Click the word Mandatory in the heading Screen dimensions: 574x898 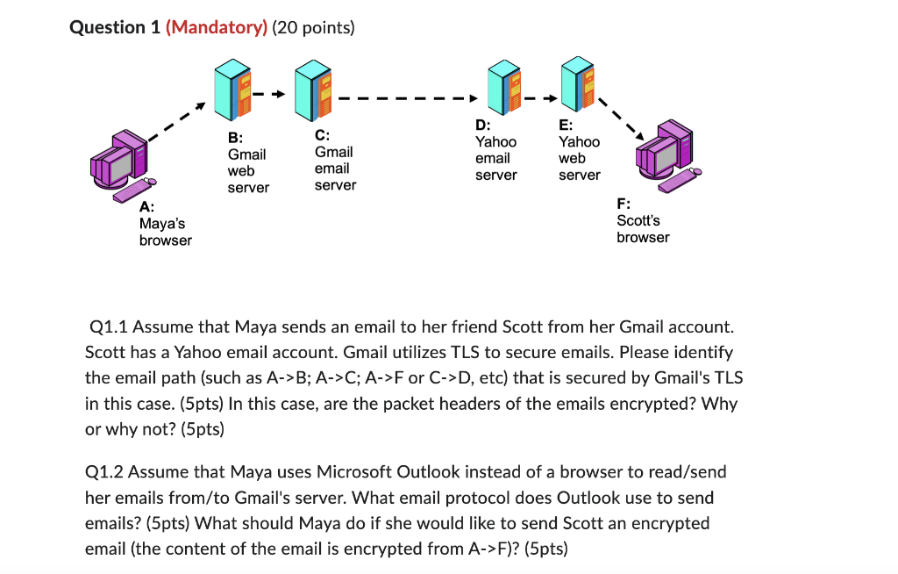215,27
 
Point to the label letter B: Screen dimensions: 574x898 235,138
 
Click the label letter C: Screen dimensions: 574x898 323,135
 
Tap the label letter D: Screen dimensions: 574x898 482,125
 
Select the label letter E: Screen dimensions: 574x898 566,125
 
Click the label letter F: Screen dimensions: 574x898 624,204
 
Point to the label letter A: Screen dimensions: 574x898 146,207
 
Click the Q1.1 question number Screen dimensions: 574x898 110,327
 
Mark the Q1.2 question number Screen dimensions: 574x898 105,472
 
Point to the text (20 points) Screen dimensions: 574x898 314,27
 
